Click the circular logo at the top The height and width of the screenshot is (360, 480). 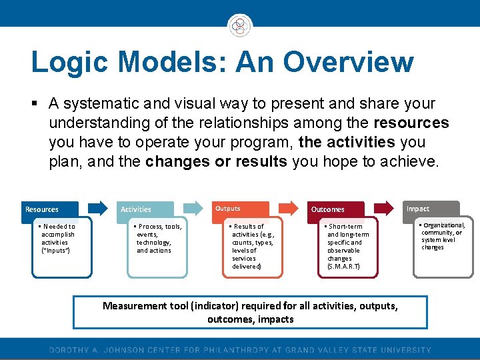point(239,26)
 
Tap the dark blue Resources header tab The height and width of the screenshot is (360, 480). point(51,209)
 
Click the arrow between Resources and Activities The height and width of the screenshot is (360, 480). point(97,207)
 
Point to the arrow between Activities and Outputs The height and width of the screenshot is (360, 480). point(193,207)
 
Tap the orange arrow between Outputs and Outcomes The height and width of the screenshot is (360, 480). point(287,207)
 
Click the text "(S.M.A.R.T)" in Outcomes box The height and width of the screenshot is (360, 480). point(343,267)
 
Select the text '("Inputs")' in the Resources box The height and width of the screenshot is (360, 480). point(55,251)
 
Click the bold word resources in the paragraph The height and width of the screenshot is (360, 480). point(411,123)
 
